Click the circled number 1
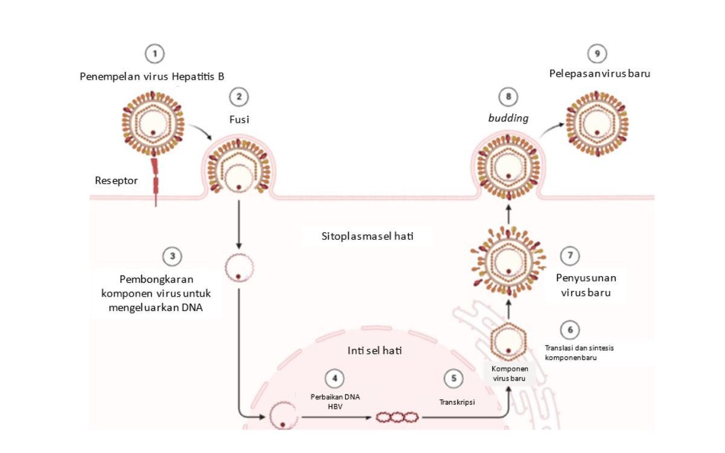(155, 54)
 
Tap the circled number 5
(453, 379)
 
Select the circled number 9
(597, 54)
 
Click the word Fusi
(239, 120)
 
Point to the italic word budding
(508, 118)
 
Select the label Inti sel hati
(375, 350)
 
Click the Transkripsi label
(457, 400)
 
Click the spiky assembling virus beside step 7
(508, 260)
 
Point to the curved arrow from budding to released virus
(552, 127)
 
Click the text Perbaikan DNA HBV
(335, 401)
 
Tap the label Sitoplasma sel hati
(367, 236)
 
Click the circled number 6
(569, 330)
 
